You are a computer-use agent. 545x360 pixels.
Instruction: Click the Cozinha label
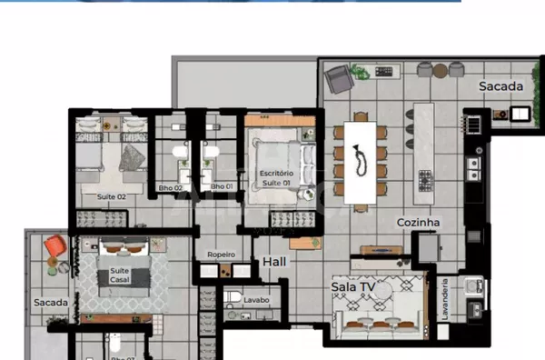click(x=418, y=222)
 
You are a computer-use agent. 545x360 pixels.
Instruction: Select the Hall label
click(x=274, y=262)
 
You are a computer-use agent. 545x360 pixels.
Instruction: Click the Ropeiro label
click(x=221, y=255)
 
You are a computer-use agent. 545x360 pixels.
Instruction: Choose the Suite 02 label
click(x=110, y=195)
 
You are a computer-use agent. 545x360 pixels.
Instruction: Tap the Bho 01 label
click(x=222, y=187)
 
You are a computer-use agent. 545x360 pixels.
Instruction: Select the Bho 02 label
click(x=171, y=187)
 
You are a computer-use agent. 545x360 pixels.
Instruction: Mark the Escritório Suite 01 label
click(x=276, y=177)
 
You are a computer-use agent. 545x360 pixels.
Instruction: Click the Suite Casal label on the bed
click(x=120, y=275)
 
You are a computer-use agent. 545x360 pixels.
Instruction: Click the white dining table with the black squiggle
click(x=361, y=163)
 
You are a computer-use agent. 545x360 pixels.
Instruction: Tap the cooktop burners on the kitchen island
click(x=425, y=181)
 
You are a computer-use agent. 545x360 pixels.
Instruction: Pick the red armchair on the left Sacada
click(x=55, y=245)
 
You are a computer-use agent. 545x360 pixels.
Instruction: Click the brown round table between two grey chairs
click(x=440, y=69)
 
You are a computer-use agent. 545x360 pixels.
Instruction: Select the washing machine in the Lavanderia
click(x=472, y=289)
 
